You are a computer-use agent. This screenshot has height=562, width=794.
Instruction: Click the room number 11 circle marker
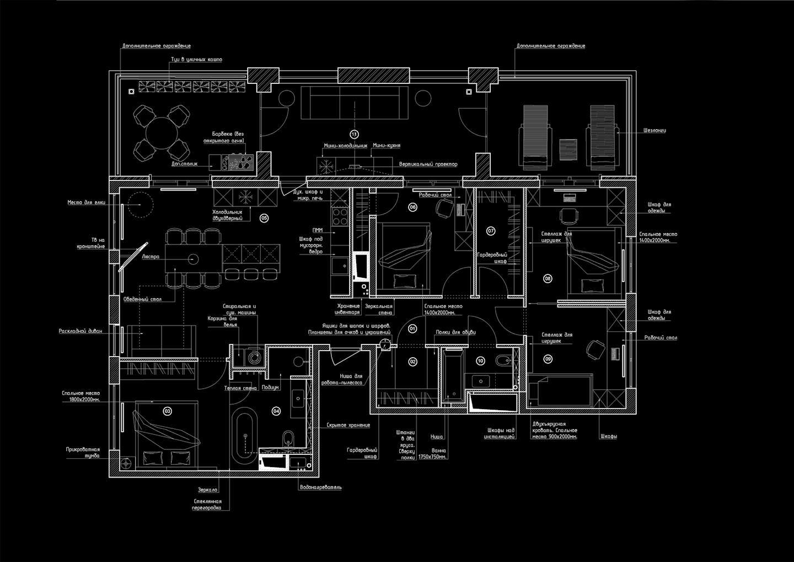[354, 134]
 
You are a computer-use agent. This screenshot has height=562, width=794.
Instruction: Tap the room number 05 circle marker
[264, 218]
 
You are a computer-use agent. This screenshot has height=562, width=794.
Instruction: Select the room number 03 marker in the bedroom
[168, 411]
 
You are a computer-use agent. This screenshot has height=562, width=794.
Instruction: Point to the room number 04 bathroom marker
[276, 411]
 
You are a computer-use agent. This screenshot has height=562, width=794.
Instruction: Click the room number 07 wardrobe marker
[491, 231]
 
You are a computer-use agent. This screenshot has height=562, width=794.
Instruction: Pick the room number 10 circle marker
[480, 360]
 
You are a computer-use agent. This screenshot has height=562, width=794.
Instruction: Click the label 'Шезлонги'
[654, 131]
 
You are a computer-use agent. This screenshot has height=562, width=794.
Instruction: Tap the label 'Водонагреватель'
[320, 487]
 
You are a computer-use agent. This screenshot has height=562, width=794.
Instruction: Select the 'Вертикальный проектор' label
[428, 165]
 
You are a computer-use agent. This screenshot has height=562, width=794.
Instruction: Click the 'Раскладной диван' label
[81, 332]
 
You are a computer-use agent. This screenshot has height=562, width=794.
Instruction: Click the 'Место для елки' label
[86, 203]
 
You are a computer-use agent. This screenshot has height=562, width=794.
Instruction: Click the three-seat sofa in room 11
[354, 102]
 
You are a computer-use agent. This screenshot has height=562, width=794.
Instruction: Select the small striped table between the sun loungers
[567, 148]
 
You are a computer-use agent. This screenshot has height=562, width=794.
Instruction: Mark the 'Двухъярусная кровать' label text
[554, 430]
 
